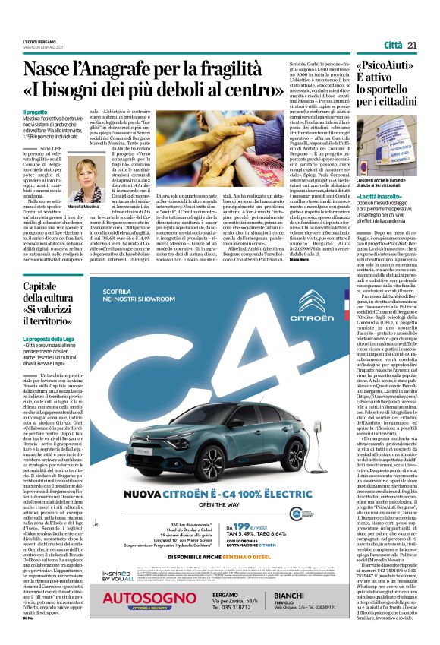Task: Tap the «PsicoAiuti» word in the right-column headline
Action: [381, 68]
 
